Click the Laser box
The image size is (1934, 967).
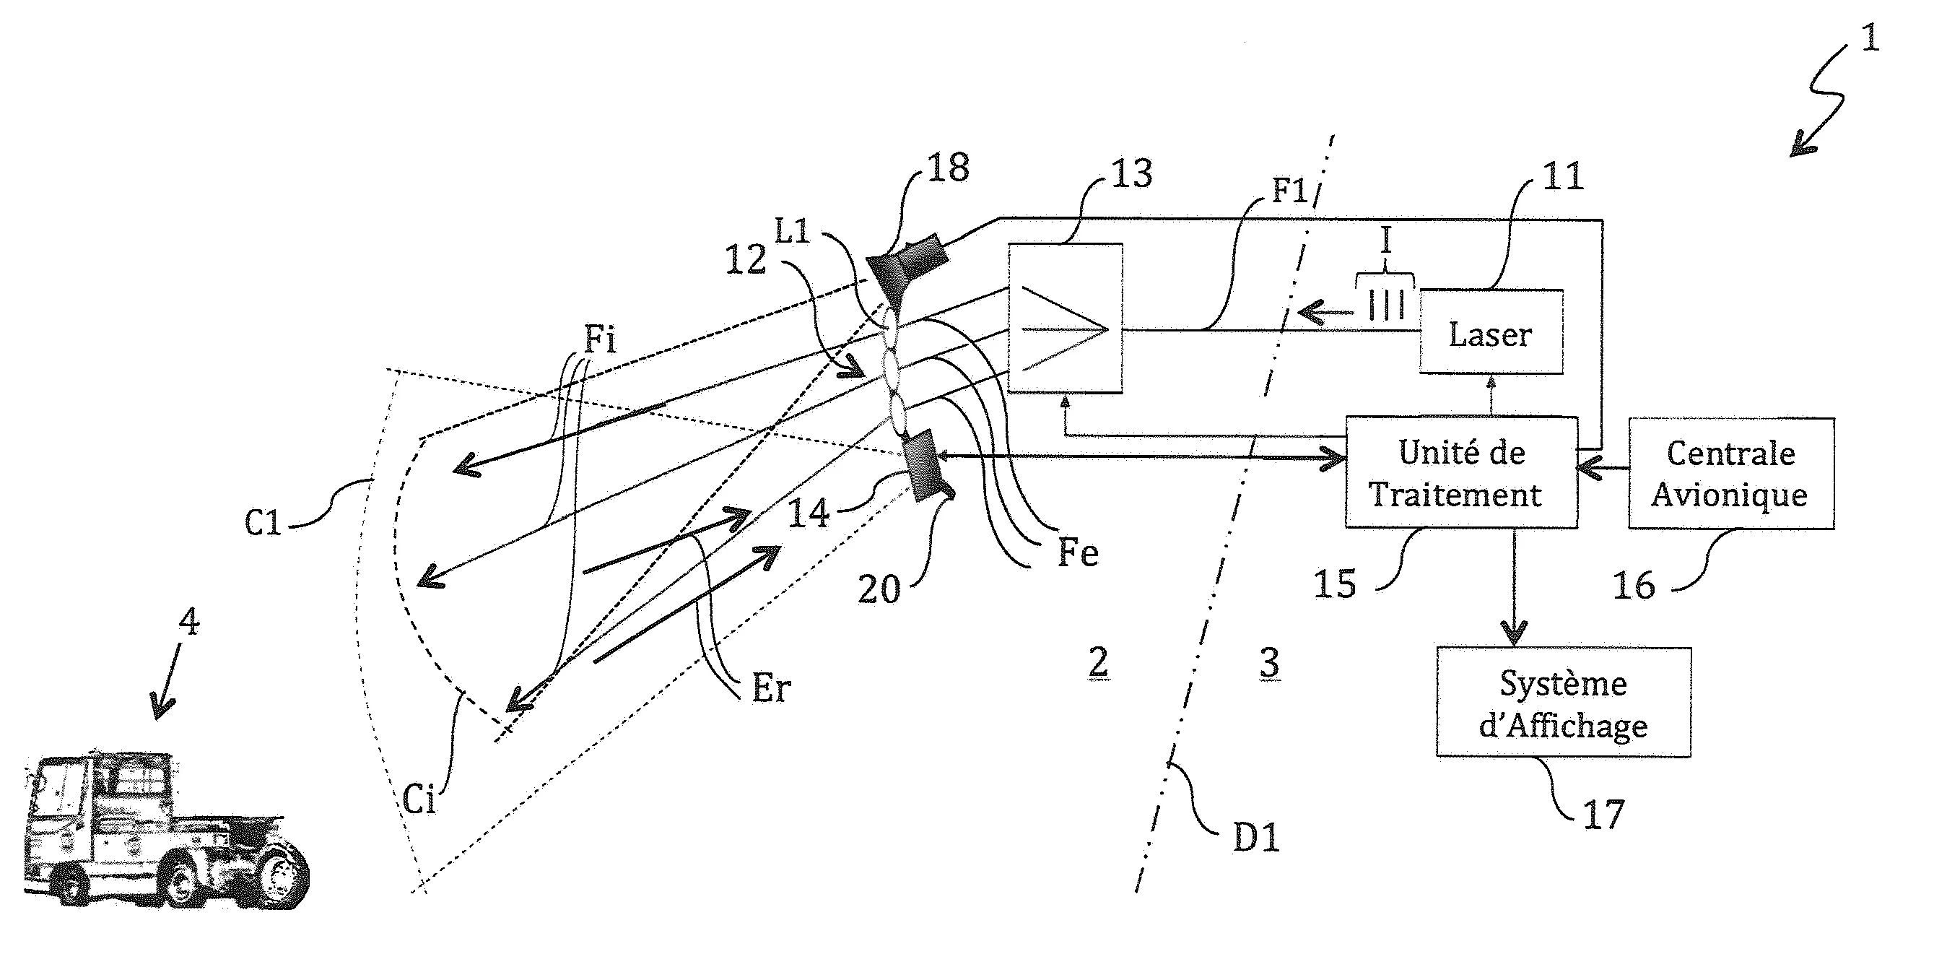click(1490, 332)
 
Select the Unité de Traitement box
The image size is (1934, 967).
click(1460, 473)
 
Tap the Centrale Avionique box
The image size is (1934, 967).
click(1730, 474)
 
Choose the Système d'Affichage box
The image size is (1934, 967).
click(1563, 703)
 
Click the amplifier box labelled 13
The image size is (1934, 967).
click(1065, 318)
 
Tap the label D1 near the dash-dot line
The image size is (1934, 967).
click(1256, 837)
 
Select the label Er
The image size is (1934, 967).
click(771, 688)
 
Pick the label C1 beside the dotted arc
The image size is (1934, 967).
click(263, 523)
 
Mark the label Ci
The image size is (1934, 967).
click(419, 799)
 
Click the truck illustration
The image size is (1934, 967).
click(165, 830)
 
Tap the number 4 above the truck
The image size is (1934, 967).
click(189, 622)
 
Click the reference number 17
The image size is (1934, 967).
click(1603, 815)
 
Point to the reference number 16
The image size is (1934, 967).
click(1634, 586)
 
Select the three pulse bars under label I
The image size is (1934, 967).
click(1386, 305)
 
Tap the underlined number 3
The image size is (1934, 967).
click(1269, 663)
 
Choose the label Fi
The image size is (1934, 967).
click(600, 339)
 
